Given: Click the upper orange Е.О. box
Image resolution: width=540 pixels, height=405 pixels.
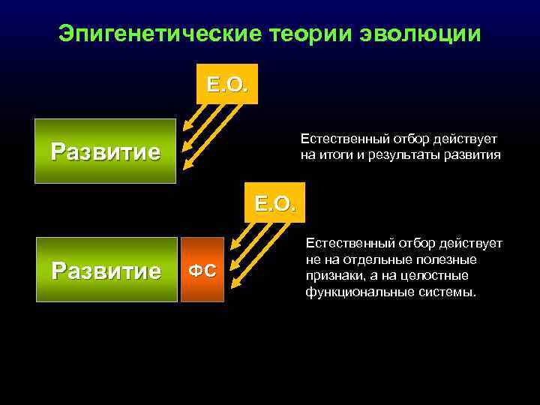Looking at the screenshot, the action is point(227,83).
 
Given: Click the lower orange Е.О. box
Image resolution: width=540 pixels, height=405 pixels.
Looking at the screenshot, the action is point(274,202).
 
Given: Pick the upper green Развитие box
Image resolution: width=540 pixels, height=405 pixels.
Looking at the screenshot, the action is point(105,151).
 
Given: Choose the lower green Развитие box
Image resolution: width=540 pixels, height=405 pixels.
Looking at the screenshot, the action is point(105,270).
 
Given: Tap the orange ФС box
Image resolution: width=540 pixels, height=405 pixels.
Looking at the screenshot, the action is point(202,270).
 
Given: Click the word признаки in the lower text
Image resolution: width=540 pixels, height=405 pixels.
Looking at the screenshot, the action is point(331,275).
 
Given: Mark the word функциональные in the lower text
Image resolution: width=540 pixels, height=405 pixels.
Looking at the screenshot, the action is point(352,291).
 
